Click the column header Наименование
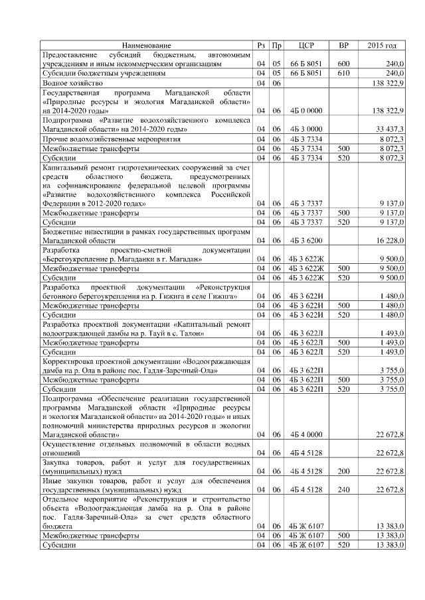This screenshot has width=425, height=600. pos(146,45)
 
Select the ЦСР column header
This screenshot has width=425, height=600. pos(306,45)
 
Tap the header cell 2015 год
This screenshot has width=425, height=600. pos(381,45)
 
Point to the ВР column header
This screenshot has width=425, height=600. pos(343,45)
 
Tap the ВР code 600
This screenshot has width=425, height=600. pos(343,64)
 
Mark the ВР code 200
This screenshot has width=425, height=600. pos(343,471)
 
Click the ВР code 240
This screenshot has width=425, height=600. pos(343,490)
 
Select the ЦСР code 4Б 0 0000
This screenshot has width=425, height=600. pos(306,111)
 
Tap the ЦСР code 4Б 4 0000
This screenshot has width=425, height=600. pos(306,434)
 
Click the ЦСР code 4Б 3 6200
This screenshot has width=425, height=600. pos(306,242)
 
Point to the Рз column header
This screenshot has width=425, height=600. pos(261,45)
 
